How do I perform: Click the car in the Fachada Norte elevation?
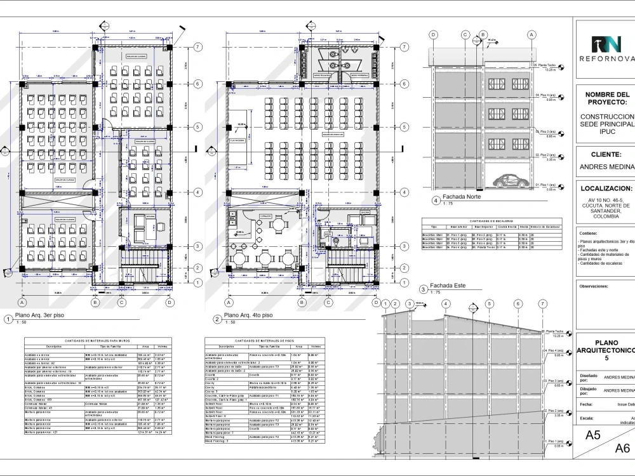(x=511, y=180)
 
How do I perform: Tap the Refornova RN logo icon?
(x=605, y=44)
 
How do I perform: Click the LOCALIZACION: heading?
(x=606, y=188)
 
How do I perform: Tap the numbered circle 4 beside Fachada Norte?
(x=435, y=201)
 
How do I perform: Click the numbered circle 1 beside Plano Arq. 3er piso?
(x=8, y=319)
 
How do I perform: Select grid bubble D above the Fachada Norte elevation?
(x=433, y=35)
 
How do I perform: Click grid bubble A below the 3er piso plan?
(x=22, y=302)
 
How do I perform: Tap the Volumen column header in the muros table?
(x=162, y=347)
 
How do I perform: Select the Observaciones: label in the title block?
(x=594, y=286)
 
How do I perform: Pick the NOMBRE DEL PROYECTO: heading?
(x=606, y=98)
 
